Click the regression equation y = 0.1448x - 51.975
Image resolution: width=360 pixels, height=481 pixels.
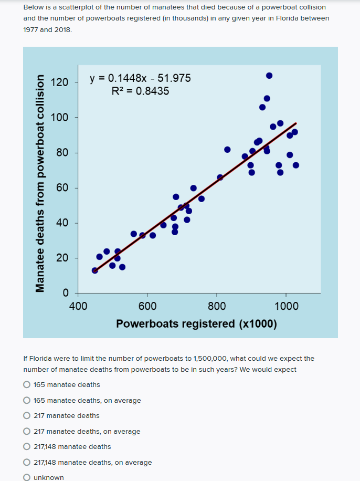pyautogui.click(x=140, y=79)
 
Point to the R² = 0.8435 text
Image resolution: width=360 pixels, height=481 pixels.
pyautogui.click(x=141, y=91)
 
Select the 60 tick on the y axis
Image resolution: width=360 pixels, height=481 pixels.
pyautogui.click(x=62, y=188)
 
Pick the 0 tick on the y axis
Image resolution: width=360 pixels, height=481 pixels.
pyautogui.click(x=65, y=293)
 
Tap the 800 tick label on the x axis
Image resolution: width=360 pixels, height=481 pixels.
pyautogui.click(x=217, y=306)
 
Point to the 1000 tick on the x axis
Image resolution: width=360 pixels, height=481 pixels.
pyautogui.click(x=287, y=306)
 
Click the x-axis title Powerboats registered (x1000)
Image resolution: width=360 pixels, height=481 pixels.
pyautogui.click(x=196, y=323)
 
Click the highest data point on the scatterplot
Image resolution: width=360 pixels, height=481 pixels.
pyautogui.click(x=269, y=76)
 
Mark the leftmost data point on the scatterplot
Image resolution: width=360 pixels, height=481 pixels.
pyautogui.click(x=95, y=270)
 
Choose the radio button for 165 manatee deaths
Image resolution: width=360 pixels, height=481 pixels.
pyautogui.click(x=27, y=385)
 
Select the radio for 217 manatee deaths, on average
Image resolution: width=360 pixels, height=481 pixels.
pyautogui.click(x=27, y=432)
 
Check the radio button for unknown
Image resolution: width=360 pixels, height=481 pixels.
pyautogui.click(x=27, y=477)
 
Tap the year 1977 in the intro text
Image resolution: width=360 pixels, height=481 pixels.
pyautogui.click(x=31, y=29)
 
